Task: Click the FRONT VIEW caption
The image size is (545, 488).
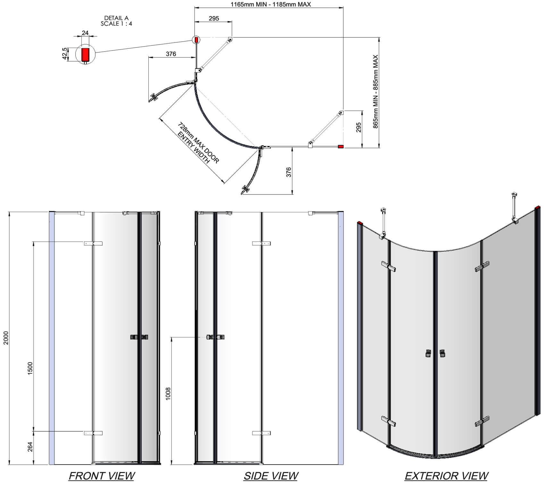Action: click(102, 476)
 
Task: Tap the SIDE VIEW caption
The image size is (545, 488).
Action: click(271, 476)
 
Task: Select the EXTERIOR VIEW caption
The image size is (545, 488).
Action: click(446, 476)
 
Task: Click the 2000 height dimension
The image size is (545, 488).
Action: click(6, 338)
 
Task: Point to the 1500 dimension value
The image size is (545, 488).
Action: click(30, 369)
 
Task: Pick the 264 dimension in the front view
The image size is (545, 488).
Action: click(30, 447)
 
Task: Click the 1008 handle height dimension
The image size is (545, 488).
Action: click(168, 394)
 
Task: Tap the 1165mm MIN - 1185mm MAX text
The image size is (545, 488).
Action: click(271, 4)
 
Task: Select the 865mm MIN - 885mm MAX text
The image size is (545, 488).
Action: click(375, 92)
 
